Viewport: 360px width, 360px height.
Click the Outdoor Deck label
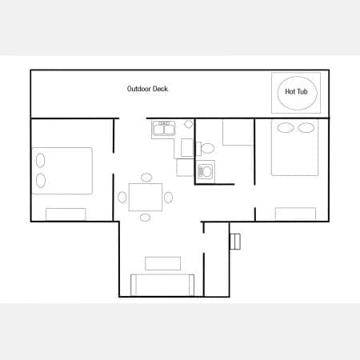147,89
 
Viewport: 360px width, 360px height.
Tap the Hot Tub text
296,92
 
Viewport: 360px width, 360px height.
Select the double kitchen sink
164,128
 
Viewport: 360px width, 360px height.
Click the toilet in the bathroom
206,148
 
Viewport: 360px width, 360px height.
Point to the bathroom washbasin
206,171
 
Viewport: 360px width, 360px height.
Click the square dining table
146,197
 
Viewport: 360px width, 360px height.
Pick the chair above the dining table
146,178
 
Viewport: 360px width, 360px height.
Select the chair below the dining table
145,218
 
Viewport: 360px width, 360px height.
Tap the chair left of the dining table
122,198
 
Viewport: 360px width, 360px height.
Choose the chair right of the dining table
168,198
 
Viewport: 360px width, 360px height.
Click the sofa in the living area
162,285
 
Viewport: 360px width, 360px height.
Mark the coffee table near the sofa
163,263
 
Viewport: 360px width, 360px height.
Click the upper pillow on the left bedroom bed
41,160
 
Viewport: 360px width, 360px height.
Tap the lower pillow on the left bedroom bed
41,180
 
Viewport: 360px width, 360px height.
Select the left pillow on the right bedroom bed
286,128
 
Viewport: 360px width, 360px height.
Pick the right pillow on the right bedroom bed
306,128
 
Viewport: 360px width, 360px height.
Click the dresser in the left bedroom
66,214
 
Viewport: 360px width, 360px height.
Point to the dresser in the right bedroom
295,214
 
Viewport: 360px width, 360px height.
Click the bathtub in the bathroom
238,132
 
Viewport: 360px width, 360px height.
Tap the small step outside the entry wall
235,242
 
